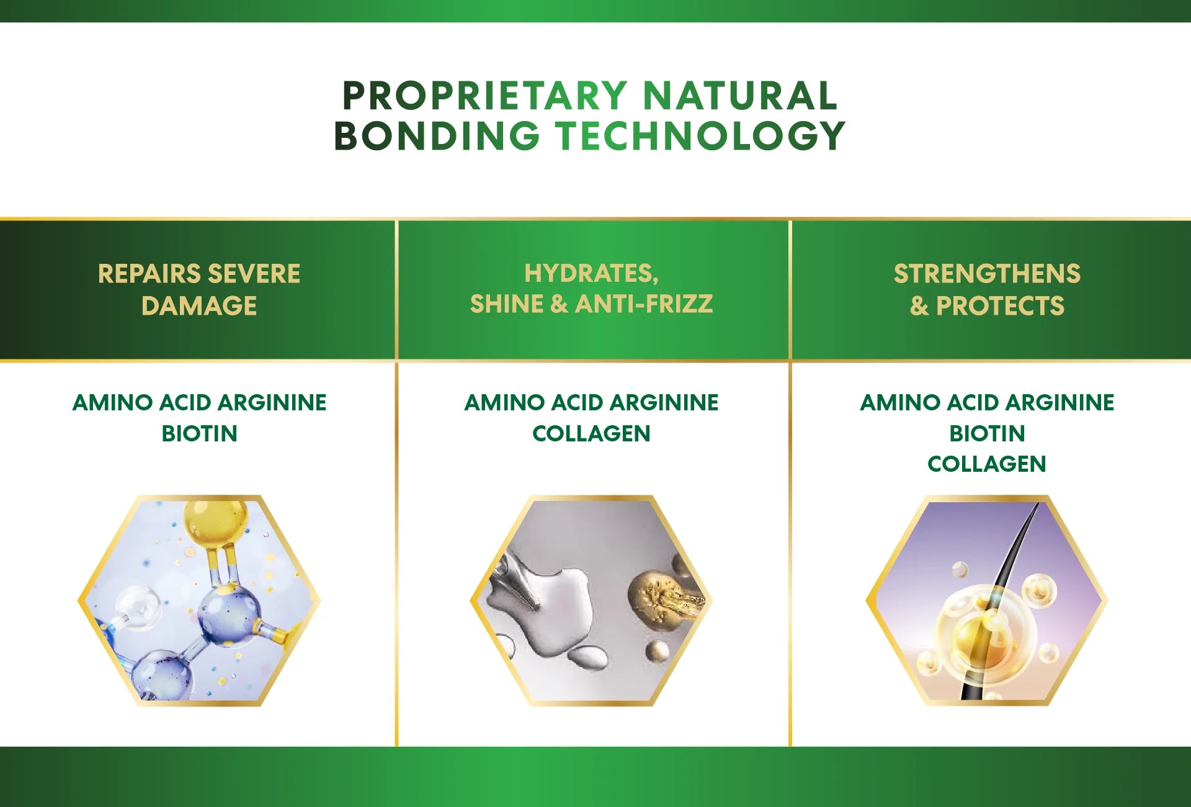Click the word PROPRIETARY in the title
pos(484,96)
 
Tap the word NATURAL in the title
pos(740,96)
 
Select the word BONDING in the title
pos(437,135)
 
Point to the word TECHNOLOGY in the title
pos(700,135)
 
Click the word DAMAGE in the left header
pos(199,306)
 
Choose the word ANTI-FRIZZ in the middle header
pos(645,304)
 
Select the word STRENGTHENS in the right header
pos(987,274)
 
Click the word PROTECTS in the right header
pos(1000,306)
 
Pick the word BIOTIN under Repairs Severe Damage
pos(199,433)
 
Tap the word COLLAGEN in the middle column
pos(591,433)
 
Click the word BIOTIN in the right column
pos(987,433)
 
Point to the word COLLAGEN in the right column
pos(987,464)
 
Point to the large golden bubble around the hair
pos(986,637)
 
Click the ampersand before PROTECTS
pos(919,306)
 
